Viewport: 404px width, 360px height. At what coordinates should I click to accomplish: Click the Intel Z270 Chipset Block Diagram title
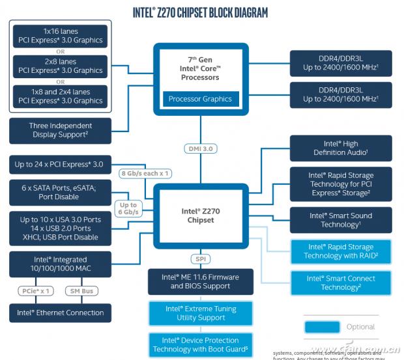[200, 12]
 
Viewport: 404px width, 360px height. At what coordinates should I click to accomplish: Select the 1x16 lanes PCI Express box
[60, 35]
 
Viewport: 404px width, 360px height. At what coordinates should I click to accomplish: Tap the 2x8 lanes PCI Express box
[60, 66]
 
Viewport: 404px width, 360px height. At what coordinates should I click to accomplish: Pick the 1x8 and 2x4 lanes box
[60, 96]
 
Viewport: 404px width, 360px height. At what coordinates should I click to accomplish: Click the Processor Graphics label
[200, 99]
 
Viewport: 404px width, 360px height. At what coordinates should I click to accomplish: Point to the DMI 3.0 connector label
[200, 148]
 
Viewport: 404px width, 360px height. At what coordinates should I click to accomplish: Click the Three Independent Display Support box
[60, 130]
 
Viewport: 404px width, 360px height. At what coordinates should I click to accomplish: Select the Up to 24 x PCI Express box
[59, 164]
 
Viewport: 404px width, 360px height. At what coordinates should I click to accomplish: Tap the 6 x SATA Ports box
[59, 192]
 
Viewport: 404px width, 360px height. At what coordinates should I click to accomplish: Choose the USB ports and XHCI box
[59, 228]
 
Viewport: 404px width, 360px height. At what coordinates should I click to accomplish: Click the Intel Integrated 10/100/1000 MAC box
[60, 264]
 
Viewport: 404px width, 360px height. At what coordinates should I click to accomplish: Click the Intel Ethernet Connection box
[60, 312]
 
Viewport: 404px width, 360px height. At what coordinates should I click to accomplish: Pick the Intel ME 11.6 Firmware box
[200, 281]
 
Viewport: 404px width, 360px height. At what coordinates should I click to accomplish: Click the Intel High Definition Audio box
[341, 148]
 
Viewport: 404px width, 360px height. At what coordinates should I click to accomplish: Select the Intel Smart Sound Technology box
[341, 220]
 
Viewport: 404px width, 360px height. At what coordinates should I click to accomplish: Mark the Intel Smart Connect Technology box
[341, 283]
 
